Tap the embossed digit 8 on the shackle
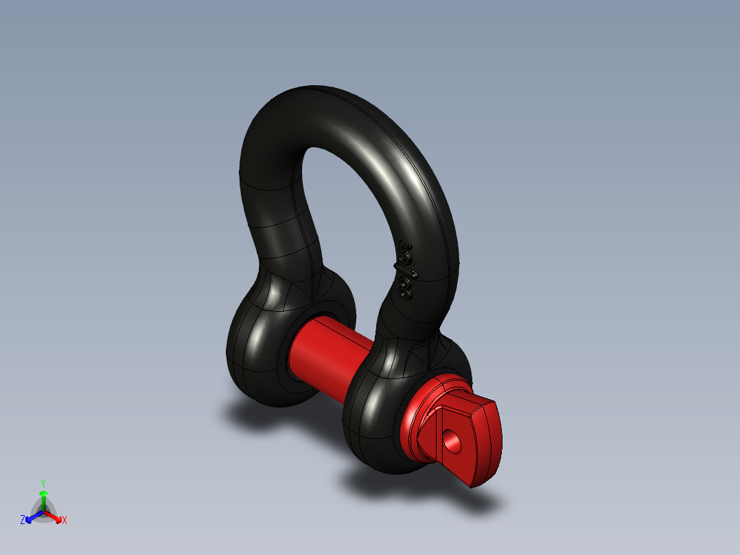(x=405, y=287)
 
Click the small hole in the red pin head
(x=452, y=441)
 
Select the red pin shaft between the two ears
(x=328, y=356)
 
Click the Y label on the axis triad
(x=43, y=482)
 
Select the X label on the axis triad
(x=65, y=521)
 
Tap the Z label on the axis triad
(x=23, y=521)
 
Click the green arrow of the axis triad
(x=43, y=498)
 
